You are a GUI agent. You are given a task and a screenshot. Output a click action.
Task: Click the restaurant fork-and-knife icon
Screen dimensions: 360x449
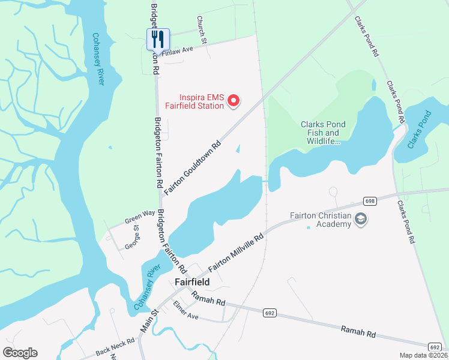[158, 39]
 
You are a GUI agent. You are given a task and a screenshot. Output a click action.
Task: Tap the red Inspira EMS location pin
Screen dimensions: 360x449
[235, 101]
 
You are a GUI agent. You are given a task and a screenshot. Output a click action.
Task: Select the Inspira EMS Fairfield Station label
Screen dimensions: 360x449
[202, 101]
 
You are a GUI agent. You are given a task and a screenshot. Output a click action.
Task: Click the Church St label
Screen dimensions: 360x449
[202, 39]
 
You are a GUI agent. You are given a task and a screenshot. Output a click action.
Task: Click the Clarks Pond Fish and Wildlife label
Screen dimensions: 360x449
[320, 133]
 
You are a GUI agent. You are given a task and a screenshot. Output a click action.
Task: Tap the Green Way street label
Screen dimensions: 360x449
[139, 215]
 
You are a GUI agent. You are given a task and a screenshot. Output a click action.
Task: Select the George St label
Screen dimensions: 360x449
[131, 237]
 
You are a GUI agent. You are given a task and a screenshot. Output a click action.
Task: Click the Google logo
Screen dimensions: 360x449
[20, 352]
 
